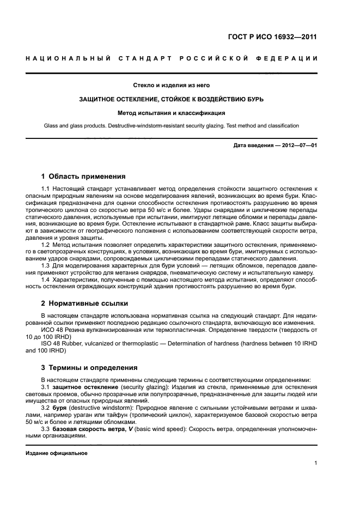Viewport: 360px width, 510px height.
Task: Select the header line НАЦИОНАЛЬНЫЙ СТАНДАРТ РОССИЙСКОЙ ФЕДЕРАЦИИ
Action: [172, 58]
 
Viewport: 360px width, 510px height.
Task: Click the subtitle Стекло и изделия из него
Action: [172, 85]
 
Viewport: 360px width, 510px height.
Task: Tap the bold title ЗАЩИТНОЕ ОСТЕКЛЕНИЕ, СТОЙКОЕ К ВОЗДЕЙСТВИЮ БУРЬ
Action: [172, 99]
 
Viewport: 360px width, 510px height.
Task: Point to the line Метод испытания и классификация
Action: [172, 113]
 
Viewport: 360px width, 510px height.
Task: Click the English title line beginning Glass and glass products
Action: [172, 126]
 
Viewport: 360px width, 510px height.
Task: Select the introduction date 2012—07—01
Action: [298, 146]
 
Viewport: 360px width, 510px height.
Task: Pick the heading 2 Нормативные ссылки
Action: [85, 303]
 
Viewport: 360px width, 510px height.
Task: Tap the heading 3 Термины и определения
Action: [89, 367]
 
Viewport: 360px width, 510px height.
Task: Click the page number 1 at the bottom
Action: [315, 463]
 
